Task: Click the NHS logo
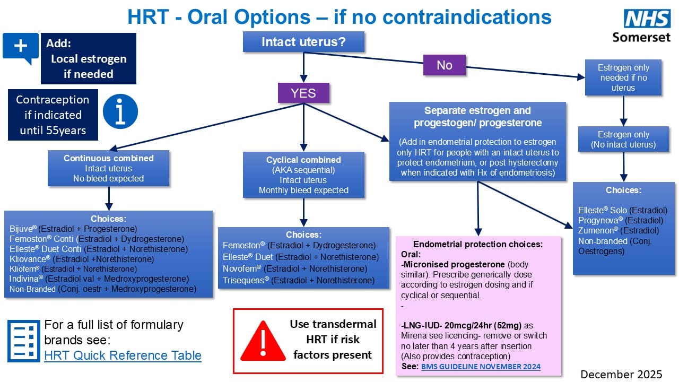coord(647,19)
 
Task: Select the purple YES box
coord(303,93)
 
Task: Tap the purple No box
coord(444,65)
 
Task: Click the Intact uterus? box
coord(303,42)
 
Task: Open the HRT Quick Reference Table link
coord(123,355)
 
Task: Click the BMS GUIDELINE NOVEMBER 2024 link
coord(481,367)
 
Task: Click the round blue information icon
coord(120,112)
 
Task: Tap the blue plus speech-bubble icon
coord(21,47)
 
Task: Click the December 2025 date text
coord(621,374)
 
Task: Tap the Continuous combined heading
coord(108,158)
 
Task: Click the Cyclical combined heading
coord(303,160)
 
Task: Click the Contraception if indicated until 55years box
coord(53,115)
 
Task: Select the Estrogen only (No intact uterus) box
coord(623,140)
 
